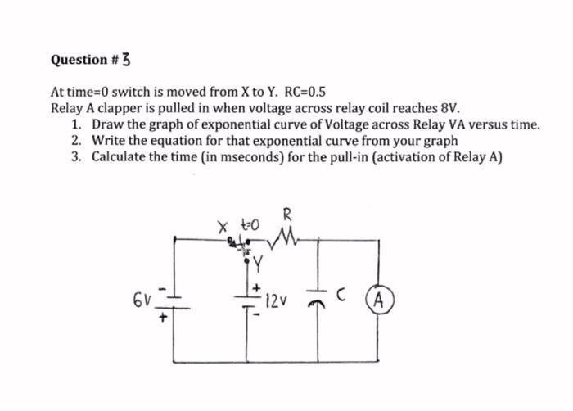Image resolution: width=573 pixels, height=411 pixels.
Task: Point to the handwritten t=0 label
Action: (x=249, y=223)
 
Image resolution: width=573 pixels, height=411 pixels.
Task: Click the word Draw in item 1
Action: (x=107, y=124)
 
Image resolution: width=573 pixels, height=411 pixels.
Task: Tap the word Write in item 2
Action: (x=108, y=140)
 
